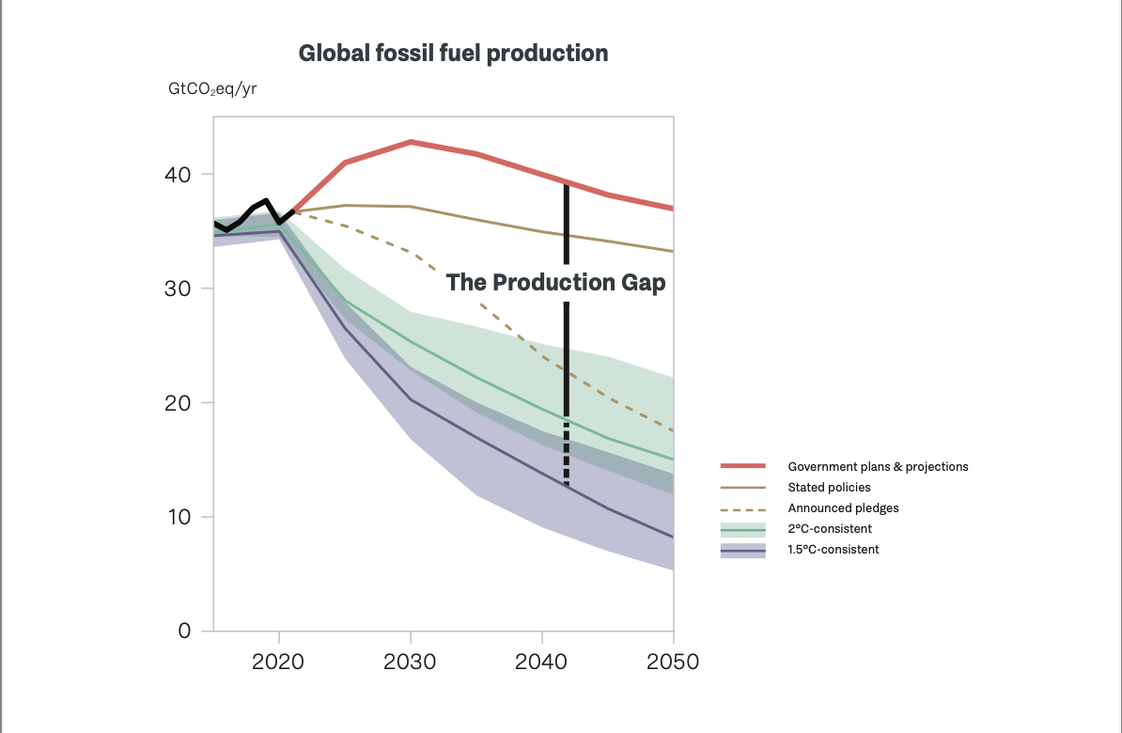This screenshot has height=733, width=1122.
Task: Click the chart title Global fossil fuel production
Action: (x=453, y=54)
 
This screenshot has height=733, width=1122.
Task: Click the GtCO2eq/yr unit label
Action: (x=212, y=89)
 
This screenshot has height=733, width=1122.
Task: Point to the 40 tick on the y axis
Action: (x=179, y=175)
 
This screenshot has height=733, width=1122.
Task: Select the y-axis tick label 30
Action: (x=179, y=289)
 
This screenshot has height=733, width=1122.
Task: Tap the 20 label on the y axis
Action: (x=179, y=403)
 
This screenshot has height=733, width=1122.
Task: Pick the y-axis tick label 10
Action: (x=179, y=517)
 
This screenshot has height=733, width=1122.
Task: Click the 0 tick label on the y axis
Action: (x=185, y=632)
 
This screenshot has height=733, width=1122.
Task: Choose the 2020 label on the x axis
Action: (x=278, y=662)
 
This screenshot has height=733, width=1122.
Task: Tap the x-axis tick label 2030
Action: (x=410, y=662)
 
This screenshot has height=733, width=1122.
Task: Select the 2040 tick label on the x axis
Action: (x=541, y=662)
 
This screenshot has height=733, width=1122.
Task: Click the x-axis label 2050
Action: (x=673, y=662)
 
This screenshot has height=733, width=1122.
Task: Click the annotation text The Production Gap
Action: (x=555, y=283)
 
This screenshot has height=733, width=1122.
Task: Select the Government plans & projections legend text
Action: (x=878, y=467)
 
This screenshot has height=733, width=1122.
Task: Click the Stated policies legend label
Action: (x=829, y=488)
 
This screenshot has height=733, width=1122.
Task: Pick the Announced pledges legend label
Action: (x=843, y=508)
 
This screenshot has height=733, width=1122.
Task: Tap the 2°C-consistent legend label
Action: (x=830, y=529)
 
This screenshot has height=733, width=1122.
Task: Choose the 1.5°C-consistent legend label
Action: (x=834, y=550)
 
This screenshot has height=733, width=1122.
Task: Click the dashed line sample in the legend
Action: (x=742, y=508)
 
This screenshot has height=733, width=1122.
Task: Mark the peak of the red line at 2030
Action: (x=412, y=142)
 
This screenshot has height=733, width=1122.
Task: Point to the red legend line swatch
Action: (x=742, y=467)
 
